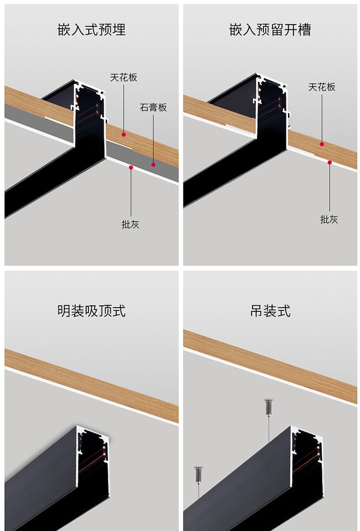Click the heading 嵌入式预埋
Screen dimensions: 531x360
pos(92,29)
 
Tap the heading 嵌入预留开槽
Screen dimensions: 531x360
pos(270,29)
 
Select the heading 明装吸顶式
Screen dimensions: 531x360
pos(92,311)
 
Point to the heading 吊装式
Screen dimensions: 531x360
pos(270,311)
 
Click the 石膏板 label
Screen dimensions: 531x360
pos(153,107)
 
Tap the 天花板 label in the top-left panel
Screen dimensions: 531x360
pos(124,77)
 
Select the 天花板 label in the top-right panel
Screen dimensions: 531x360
pos(322,87)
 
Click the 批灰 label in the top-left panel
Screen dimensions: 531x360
pos(130,224)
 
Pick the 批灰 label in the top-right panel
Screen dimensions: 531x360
pos(329,219)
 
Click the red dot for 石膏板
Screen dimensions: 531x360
pos(153,164)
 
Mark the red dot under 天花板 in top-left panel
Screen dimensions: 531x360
pos(124,134)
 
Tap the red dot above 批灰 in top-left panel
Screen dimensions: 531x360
pos(131,167)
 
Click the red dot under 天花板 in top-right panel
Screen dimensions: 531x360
pos(322,144)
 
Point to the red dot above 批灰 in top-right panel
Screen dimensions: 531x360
pos(329,162)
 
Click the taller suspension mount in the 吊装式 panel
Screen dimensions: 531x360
pos(268,407)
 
